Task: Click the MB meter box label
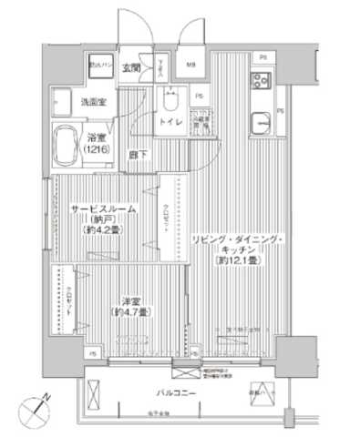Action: [192, 65]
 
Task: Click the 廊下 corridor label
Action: [137, 155]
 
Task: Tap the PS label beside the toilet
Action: [199, 95]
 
